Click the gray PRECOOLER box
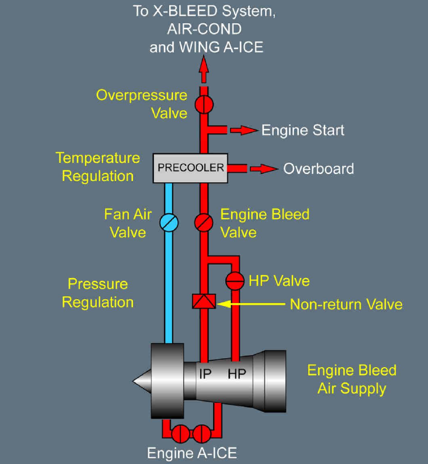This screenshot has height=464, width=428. coord(191,168)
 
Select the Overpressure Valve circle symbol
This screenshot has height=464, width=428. coord(204,104)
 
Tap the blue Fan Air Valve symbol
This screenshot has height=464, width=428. coord(168,222)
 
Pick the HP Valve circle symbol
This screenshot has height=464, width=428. coord(234,280)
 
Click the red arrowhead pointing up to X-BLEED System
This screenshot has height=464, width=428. coord(204,67)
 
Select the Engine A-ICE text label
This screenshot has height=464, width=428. coord(192,453)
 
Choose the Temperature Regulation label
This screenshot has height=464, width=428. coord(98,167)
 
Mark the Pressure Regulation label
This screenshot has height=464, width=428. coord(98,293)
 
